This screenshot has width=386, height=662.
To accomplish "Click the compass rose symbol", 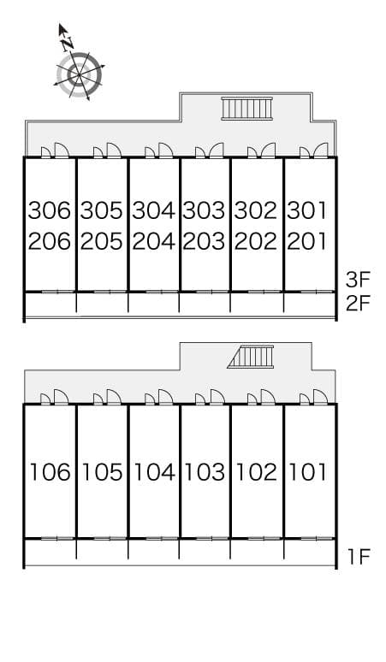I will click(x=79, y=74).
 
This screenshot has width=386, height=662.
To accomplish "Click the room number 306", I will click(x=50, y=210).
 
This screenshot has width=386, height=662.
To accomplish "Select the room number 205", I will click(x=103, y=241).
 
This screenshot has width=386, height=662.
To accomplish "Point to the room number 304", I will click(x=154, y=210).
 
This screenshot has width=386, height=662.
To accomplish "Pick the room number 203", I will click(x=205, y=241).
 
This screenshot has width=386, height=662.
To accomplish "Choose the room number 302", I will click(x=256, y=210).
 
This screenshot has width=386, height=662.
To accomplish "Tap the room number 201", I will click(x=306, y=241).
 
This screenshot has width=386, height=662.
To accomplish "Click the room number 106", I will click(x=50, y=471).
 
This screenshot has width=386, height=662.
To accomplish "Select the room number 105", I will click(x=103, y=471).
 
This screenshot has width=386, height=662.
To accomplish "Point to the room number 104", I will click(x=154, y=471).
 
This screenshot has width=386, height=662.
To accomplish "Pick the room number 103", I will click(x=205, y=471).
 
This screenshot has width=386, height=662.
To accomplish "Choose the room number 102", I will click(x=256, y=471).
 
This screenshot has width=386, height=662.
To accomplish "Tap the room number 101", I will click(x=306, y=471).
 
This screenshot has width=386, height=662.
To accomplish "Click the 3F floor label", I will click(x=358, y=279).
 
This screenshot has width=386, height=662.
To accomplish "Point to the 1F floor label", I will click(x=358, y=559).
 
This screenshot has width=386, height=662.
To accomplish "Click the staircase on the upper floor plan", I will click(x=246, y=109).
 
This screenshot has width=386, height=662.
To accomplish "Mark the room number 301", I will click(x=306, y=210).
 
